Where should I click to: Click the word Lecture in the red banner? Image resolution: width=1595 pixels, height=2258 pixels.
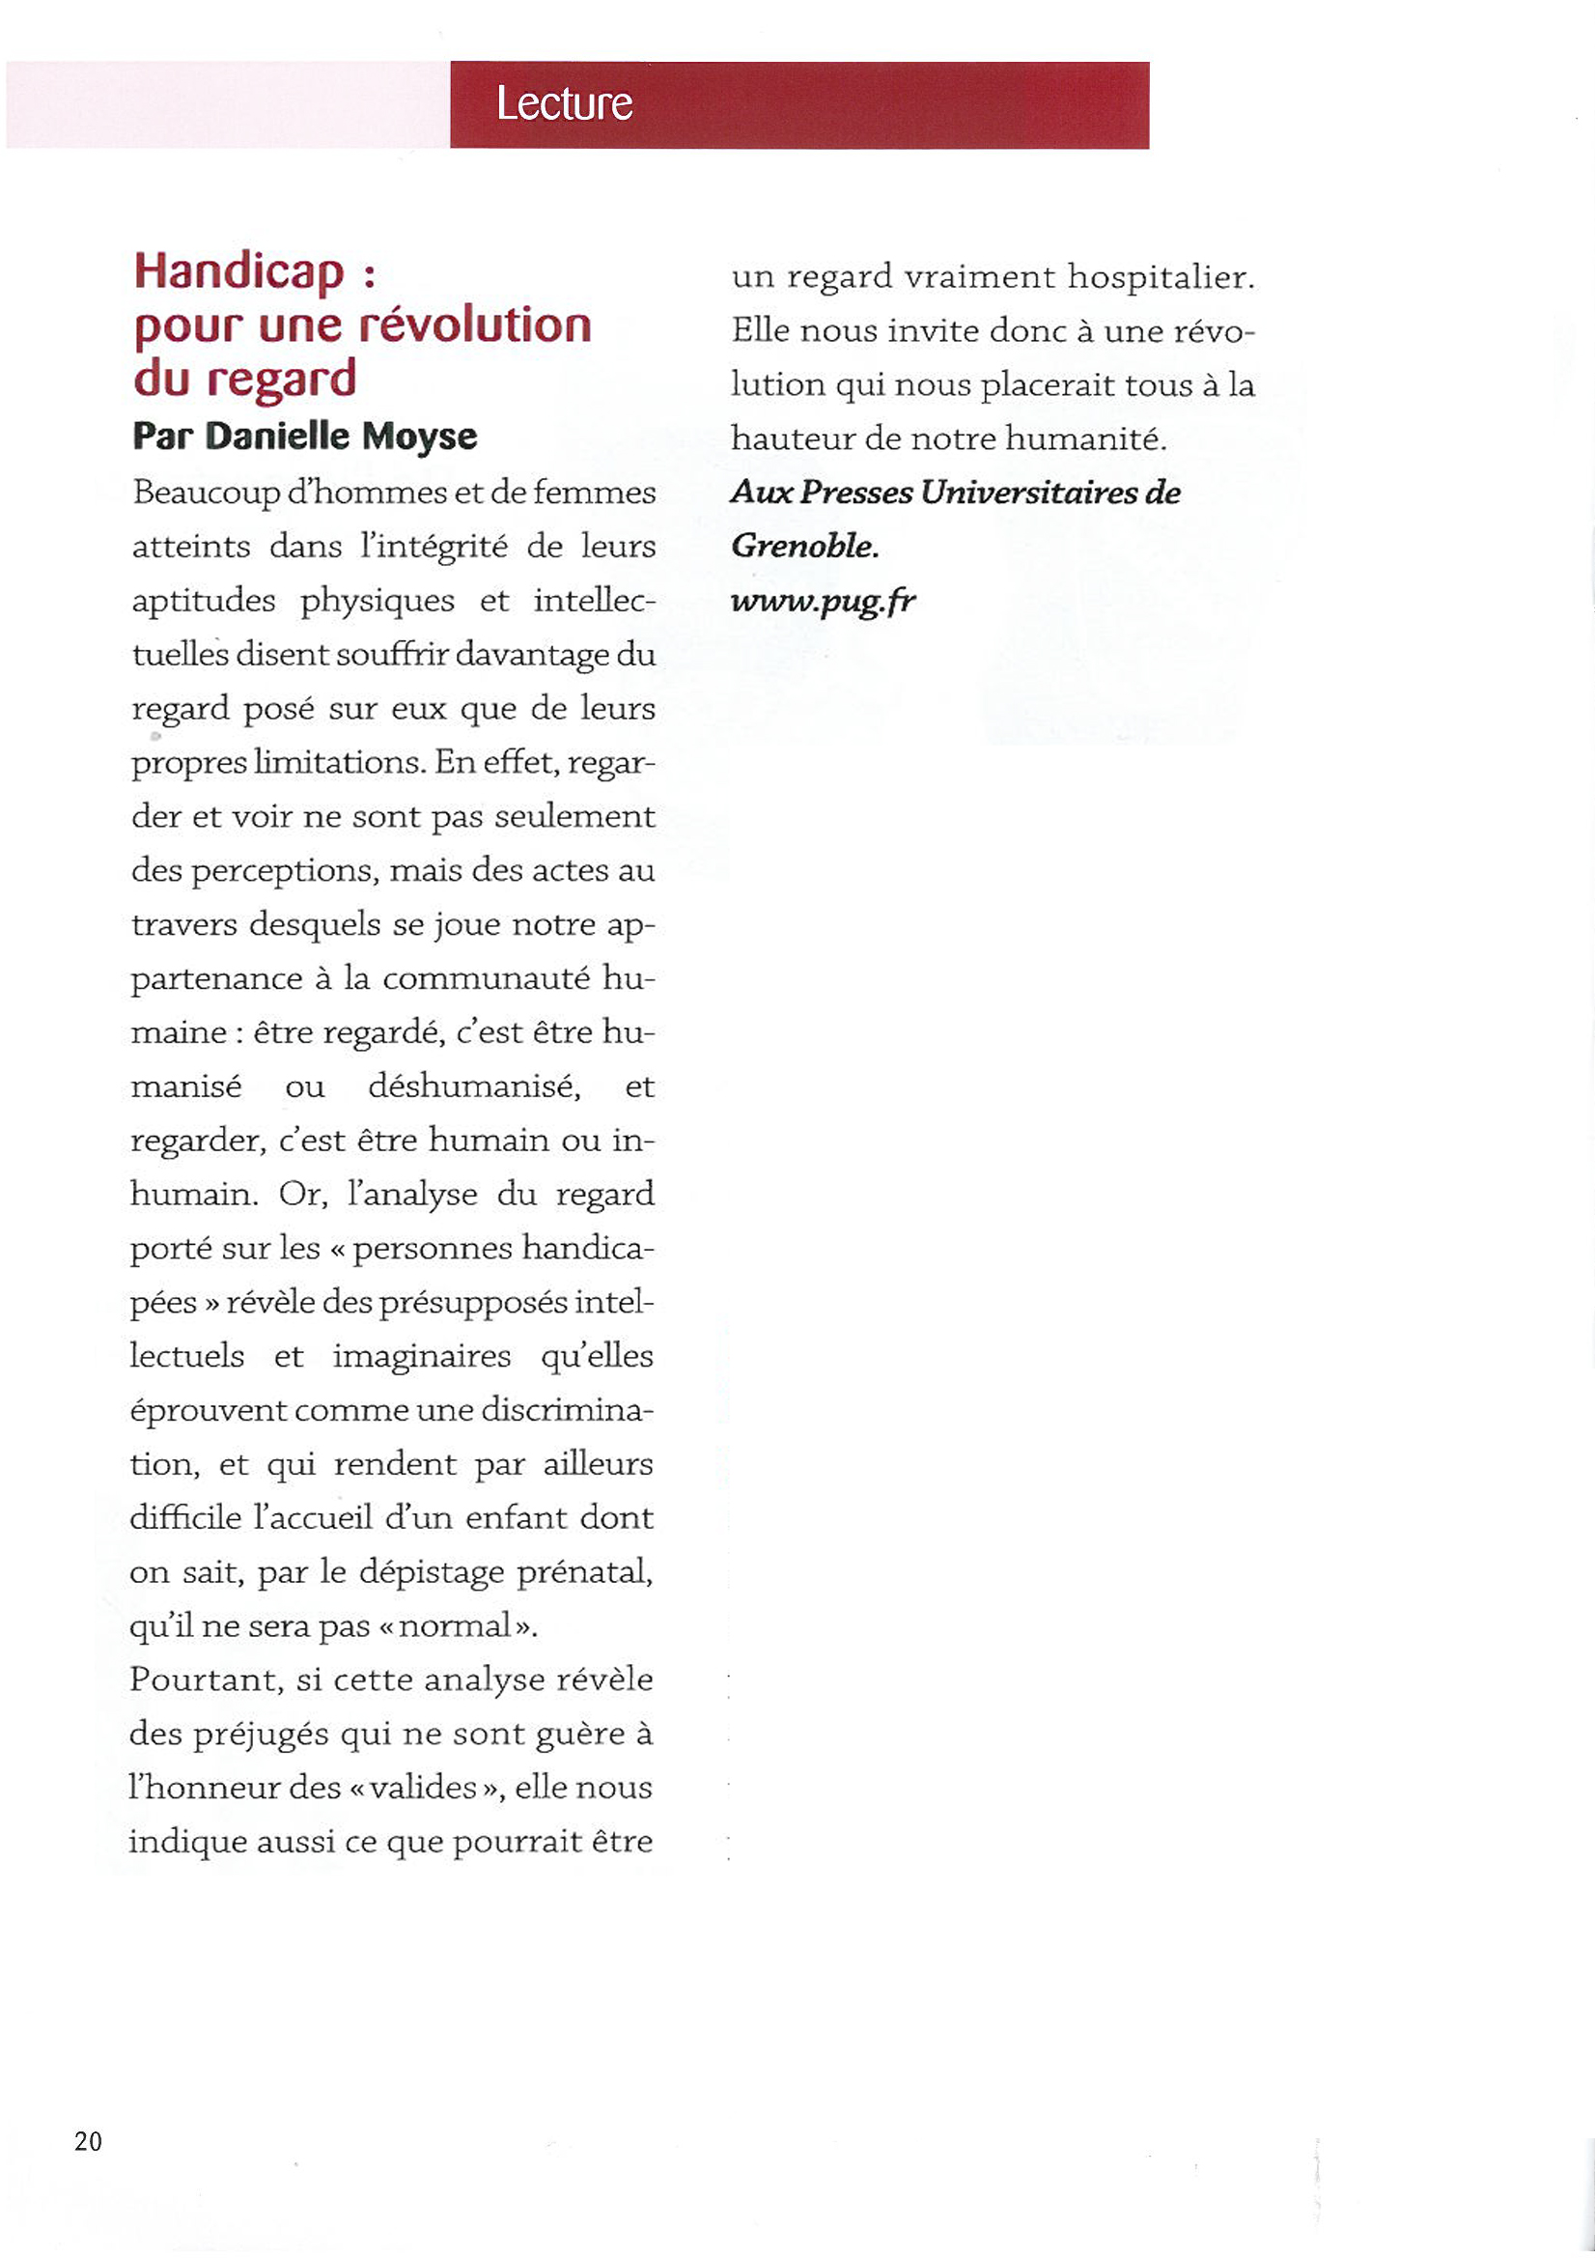pos(564,103)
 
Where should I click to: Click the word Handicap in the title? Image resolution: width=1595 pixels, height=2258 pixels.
pos(238,272)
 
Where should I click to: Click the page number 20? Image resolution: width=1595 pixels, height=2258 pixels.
pos(88,2141)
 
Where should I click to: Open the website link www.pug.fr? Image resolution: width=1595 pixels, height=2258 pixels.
pos(822,601)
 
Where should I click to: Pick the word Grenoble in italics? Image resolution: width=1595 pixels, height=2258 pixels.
pos(803,546)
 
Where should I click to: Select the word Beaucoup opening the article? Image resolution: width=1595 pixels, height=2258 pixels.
pos(207,493)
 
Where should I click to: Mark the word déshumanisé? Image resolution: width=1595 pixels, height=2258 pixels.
pos(474,1087)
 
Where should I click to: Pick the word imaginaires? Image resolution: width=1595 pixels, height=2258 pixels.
pos(421,1356)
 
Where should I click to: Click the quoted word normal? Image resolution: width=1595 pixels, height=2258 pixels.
pos(455,1625)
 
